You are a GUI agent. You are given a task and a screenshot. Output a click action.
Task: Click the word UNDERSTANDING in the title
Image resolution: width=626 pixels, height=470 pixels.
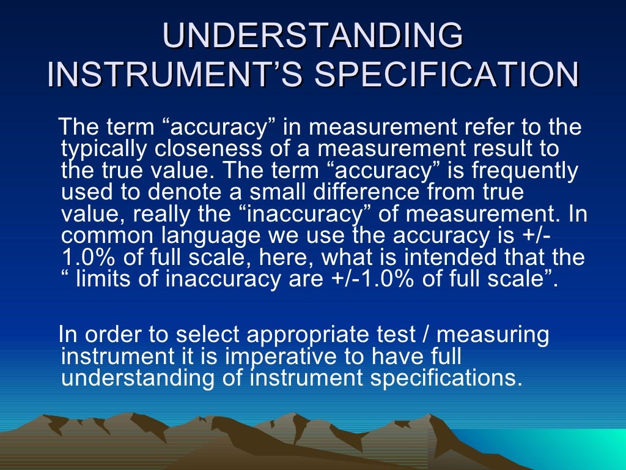click(x=312, y=36)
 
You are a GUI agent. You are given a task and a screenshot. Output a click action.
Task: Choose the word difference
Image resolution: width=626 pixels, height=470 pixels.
click(x=363, y=192)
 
